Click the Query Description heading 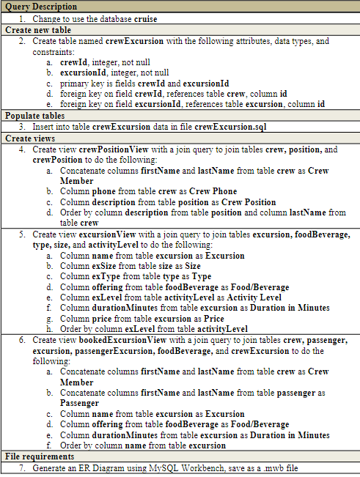point(40,7)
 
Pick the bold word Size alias point(193,267)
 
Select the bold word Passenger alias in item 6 point(80,403)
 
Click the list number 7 point(23,467)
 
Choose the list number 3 point(23,127)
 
